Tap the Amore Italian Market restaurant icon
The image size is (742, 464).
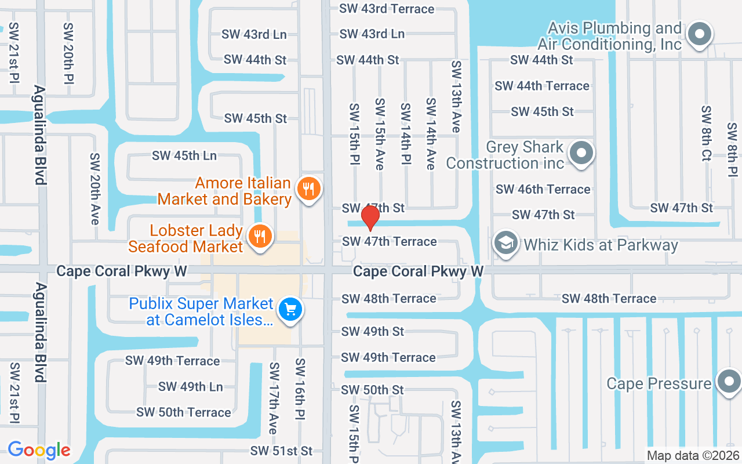[309, 189]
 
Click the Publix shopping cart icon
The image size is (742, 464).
[290, 310]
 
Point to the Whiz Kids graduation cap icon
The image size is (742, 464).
[505, 244]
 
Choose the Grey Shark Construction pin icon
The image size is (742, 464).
[581, 154]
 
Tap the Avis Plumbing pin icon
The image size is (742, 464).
[699, 34]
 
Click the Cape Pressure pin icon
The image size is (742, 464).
[729, 382]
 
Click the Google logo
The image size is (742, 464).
[39, 450]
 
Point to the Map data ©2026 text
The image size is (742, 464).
[693, 455]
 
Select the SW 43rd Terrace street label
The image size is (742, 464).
[387, 9]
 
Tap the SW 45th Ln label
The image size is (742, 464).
[184, 155]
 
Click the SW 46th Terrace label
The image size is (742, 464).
[543, 189]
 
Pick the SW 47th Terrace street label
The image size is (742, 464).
[390, 241]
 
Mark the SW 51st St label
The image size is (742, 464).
[282, 451]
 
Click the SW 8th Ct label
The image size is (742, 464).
[705, 133]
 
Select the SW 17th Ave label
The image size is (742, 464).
[273, 398]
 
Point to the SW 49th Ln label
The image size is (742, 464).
[191, 386]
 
